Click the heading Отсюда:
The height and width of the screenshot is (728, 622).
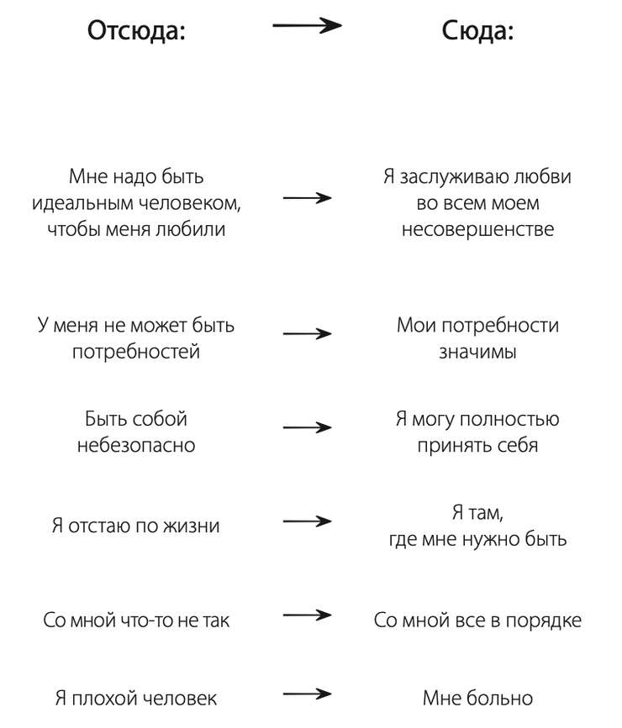click(136, 32)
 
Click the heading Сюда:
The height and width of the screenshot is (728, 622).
click(477, 30)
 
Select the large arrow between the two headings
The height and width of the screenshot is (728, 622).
click(307, 25)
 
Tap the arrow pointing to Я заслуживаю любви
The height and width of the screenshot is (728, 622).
click(308, 198)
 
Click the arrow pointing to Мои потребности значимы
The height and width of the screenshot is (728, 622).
click(308, 334)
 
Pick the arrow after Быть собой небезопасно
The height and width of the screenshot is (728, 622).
click(308, 427)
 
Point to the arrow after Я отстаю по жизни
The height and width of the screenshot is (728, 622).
click(308, 521)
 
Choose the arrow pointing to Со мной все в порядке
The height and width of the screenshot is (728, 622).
click(308, 615)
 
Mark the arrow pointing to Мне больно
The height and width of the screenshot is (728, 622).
click(308, 694)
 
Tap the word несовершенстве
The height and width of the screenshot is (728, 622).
click(478, 229)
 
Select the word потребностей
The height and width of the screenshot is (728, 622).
click(136, 353)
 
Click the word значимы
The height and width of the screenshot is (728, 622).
click(478, 353)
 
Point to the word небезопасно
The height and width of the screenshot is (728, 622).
click(136, 445)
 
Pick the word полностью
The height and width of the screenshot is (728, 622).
click(509, 420)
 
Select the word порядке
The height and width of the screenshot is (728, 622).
click(544, 621)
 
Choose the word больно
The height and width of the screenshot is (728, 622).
click(500, 699)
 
